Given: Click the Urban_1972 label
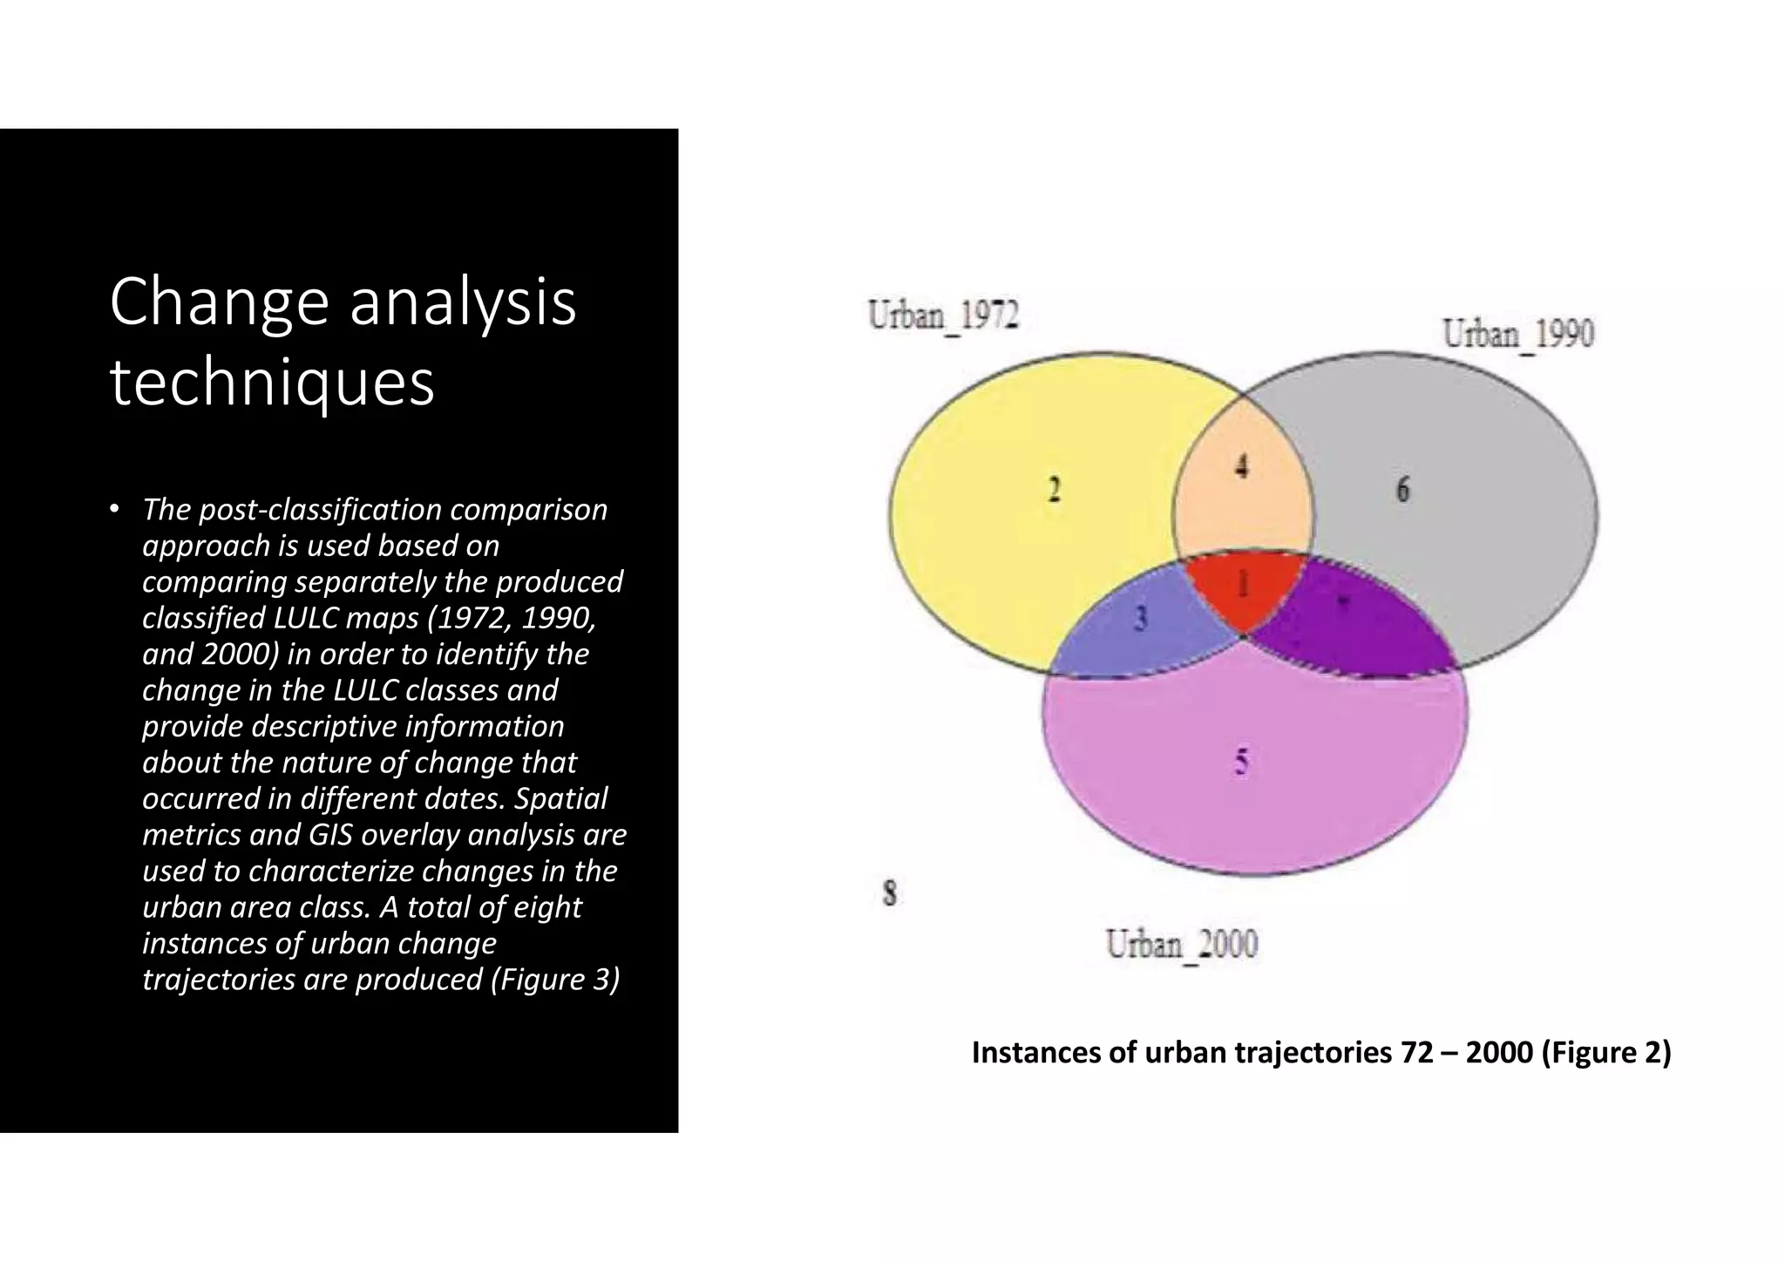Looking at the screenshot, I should pos(943,315).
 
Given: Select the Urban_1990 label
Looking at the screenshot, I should pos(1518,333).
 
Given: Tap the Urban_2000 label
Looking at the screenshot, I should pos(1182,944).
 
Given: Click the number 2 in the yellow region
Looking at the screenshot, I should pos(1054,490).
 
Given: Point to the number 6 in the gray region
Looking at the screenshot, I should pos(1402,490).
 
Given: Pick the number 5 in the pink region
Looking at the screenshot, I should pos(1241,763).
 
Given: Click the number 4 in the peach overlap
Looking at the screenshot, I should pos(1242,467).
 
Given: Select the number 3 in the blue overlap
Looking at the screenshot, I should pos(1140,619).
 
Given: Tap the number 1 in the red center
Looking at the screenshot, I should pos(1244,585).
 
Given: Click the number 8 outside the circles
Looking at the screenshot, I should pos(889,893).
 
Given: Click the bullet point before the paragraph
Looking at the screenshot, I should pos(113,509).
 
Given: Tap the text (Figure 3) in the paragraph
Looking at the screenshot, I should pos(555,980).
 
